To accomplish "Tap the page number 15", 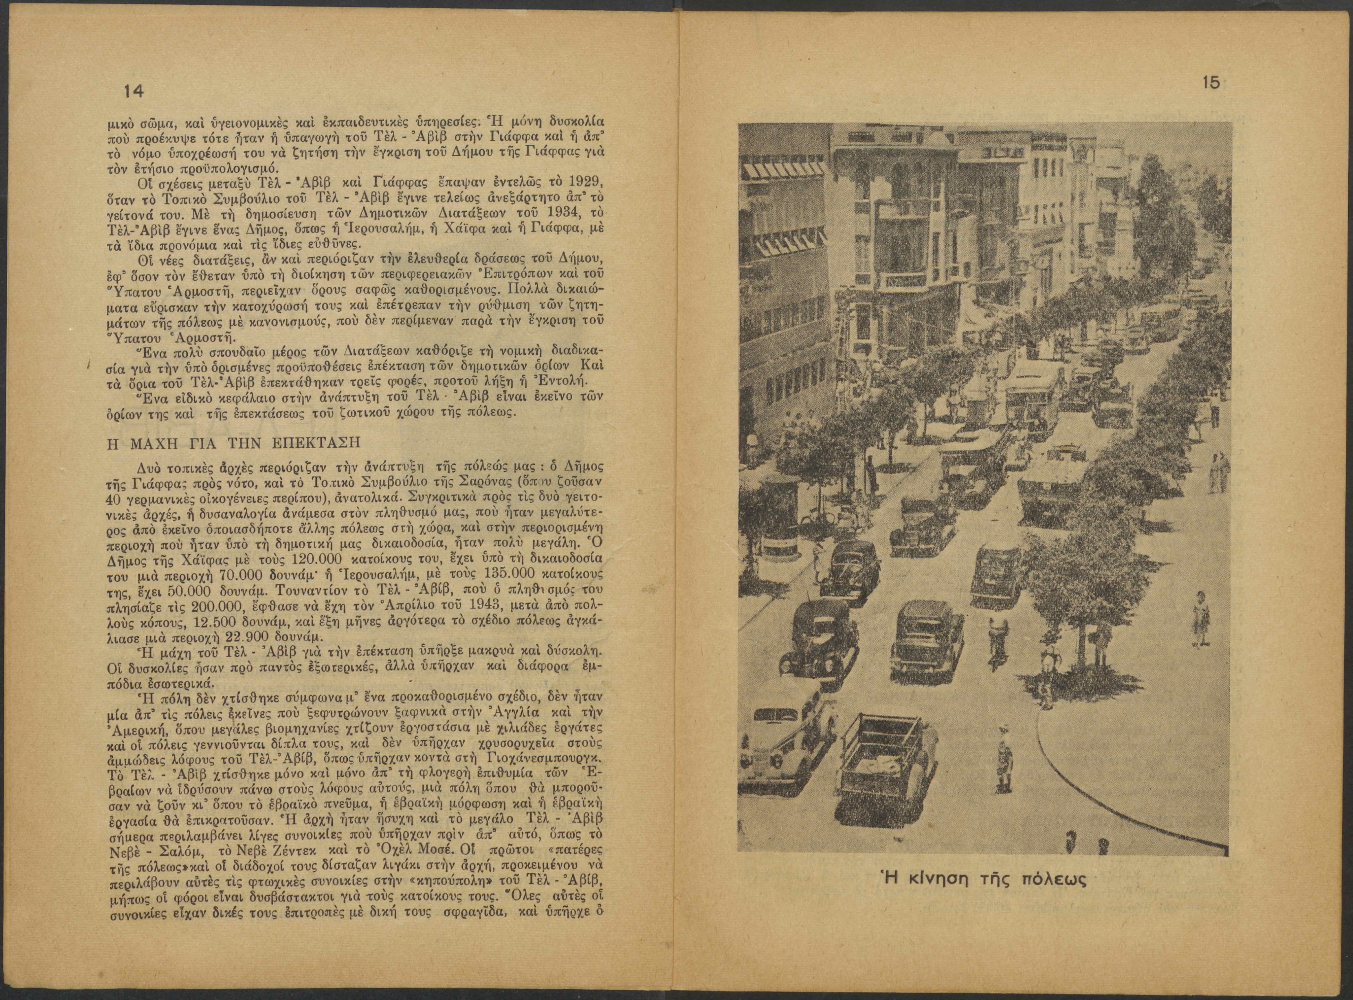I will point(1211,83).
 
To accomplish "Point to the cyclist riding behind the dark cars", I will point(996,637).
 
